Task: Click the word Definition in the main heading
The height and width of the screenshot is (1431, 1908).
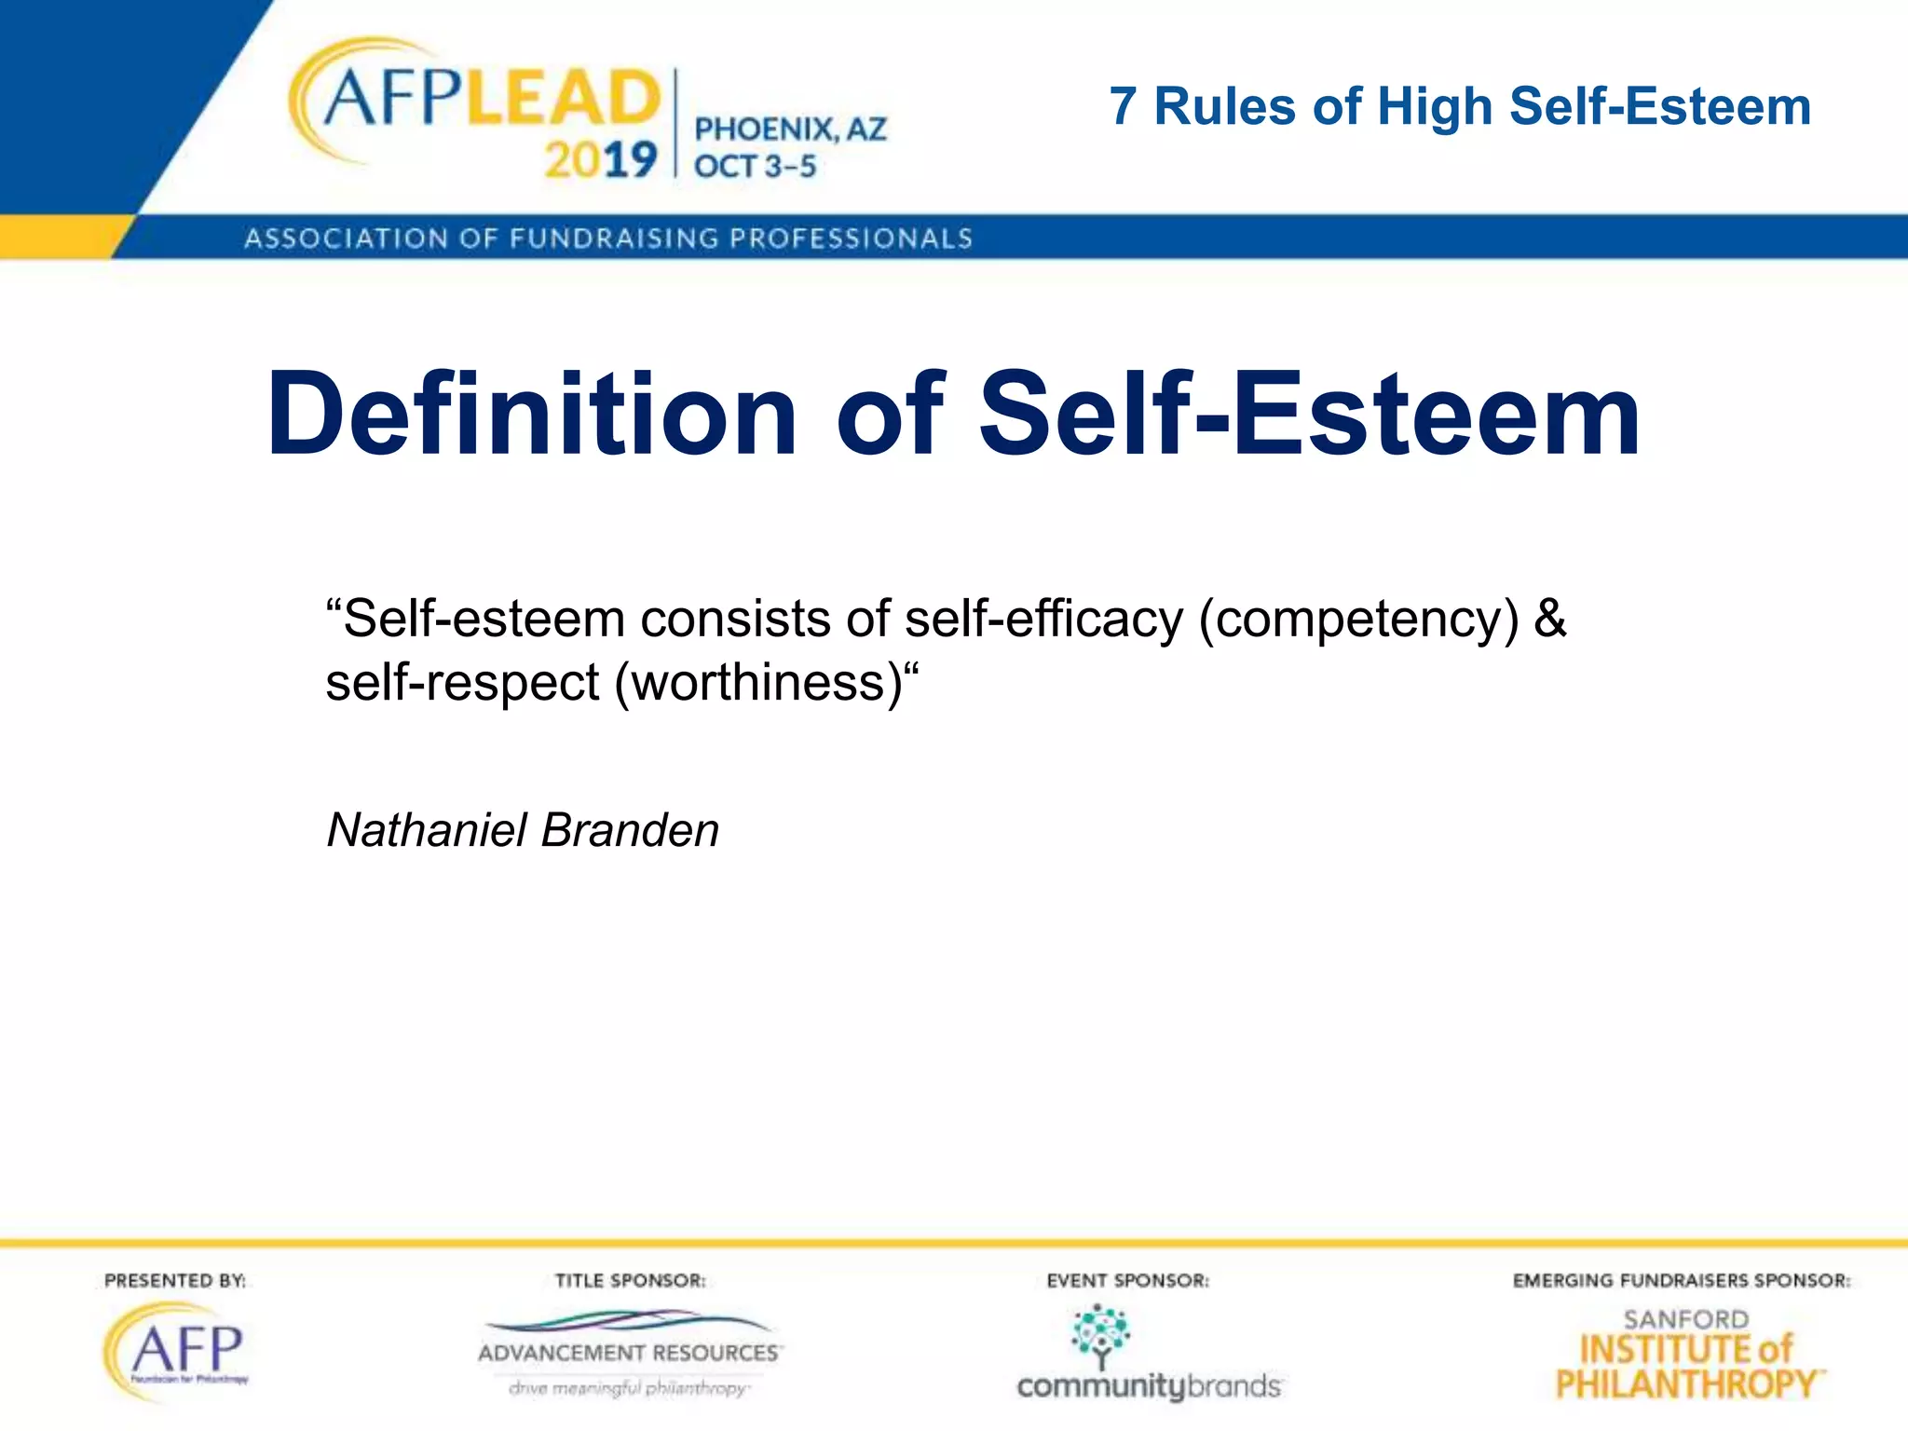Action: point(532,415)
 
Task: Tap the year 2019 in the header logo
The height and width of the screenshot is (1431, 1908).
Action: point(601,160)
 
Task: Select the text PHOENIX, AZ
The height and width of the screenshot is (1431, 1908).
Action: point(790,129)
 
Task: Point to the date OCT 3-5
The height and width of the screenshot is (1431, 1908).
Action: point(755,167)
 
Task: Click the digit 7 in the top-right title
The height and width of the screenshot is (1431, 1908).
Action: point(1123,106)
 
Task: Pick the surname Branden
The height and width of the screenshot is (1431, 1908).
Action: point(630,829)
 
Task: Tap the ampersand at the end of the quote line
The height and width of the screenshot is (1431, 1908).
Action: point(1549,619)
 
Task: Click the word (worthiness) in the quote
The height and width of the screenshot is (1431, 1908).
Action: point(758,683)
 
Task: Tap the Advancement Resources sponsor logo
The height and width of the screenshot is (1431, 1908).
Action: point(629,1352)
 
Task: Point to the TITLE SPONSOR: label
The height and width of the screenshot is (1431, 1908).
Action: point(630,1280)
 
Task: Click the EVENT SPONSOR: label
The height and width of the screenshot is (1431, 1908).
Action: point(1127,1280)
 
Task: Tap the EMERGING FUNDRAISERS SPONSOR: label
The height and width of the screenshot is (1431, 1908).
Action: point(1682,1280)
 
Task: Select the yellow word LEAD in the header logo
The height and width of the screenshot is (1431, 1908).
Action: point(562,99)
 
